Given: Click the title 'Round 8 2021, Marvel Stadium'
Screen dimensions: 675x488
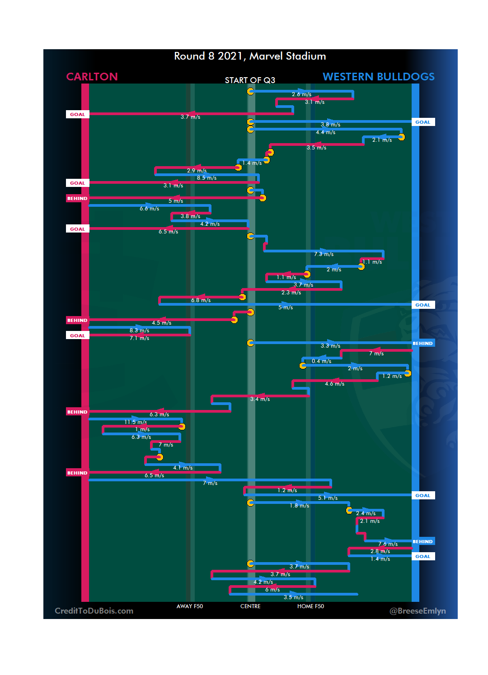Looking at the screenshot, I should [250, 56].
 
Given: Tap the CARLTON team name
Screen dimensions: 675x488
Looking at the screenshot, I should [92, 77].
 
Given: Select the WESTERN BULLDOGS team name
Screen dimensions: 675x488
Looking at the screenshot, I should [378, 77].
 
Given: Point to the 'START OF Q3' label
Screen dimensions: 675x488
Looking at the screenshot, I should [250, 80].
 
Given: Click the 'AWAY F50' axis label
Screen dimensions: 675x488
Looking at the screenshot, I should [190, 606].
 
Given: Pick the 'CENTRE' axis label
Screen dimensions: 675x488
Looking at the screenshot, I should [250, 606].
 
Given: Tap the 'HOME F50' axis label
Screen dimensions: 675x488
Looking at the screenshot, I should [310, 606].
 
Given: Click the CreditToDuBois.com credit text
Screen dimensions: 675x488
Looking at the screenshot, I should [94, 611].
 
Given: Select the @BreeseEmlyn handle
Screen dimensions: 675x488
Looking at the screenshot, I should [418, 611].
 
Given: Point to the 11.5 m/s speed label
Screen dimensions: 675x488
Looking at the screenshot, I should [136, 422].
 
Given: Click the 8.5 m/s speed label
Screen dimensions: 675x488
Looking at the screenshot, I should [206, 178].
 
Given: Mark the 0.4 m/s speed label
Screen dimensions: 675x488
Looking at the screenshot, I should [321, 361].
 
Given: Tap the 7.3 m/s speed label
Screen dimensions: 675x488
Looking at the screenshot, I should [324, 254].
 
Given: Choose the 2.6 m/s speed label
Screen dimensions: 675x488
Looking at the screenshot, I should [301, 94].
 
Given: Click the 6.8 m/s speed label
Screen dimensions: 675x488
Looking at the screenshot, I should [201, 300].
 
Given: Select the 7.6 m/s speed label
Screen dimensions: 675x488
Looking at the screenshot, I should [388, 544].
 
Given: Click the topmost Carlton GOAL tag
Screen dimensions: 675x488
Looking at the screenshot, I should [77, 114].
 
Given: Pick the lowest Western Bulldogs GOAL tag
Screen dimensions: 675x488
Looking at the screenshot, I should [423, 556].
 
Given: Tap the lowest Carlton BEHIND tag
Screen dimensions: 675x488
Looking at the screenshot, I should [77, 473].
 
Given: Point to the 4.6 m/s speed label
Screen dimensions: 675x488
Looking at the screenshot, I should [334, 384].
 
